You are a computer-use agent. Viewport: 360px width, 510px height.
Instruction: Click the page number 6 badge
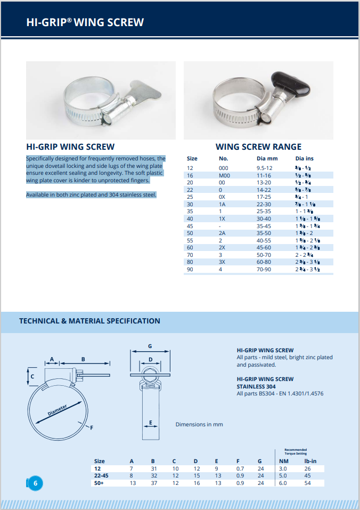(35, 483)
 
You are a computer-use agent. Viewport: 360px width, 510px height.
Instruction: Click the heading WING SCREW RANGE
(258, 147)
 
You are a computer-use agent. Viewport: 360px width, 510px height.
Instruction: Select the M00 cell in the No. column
(224, 175)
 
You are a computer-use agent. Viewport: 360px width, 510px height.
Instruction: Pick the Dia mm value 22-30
(264, 204)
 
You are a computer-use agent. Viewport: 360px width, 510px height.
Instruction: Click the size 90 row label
(190, 270)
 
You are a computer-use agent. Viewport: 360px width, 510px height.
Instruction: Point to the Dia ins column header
(305, 158)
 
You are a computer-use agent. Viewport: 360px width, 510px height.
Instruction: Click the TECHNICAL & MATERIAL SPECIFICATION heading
(89, 321)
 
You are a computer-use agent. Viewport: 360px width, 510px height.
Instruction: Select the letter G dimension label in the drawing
(150, 346)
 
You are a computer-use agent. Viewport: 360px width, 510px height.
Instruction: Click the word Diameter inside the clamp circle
(57, 410)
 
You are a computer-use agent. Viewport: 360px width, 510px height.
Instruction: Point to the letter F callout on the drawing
(92, 427)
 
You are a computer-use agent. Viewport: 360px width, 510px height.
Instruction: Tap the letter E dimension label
(151, 423)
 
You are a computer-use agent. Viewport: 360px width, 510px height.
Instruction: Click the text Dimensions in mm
(199, 424)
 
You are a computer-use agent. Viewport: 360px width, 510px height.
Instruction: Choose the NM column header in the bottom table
(284, 461)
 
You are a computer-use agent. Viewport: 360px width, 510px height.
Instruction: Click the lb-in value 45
(307, 475)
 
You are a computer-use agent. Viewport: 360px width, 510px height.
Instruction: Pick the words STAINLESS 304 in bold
(256, 386)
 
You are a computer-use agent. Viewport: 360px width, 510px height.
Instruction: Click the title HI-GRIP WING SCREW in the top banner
(85, 22)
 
